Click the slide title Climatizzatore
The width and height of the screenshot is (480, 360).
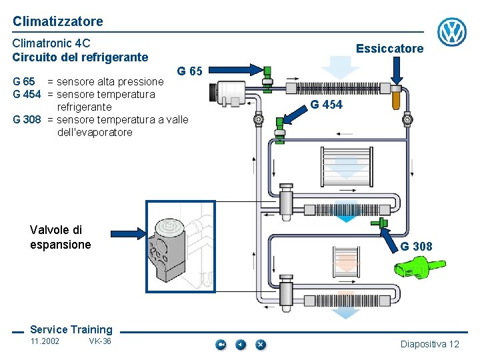coord(58,21)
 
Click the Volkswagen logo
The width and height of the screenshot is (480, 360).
coord(452,32)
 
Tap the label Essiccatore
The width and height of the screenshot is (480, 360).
coord(389,49)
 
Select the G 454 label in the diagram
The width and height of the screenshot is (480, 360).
coord(327,105)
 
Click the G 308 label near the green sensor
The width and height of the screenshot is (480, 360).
coord(416,247)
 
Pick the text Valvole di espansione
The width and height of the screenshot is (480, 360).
coord(60,237)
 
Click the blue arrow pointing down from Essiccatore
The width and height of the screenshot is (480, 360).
coord(397,70)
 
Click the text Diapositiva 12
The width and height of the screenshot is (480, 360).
coord(429,344)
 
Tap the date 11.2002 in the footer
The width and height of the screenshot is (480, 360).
coord(45,341)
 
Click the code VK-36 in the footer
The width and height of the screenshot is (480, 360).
coord(100,341)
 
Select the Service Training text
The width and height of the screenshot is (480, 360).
coord(71,329)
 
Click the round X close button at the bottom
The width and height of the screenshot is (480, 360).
coord(261,345)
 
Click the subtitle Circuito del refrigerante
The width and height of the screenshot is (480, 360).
coord(80,57)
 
